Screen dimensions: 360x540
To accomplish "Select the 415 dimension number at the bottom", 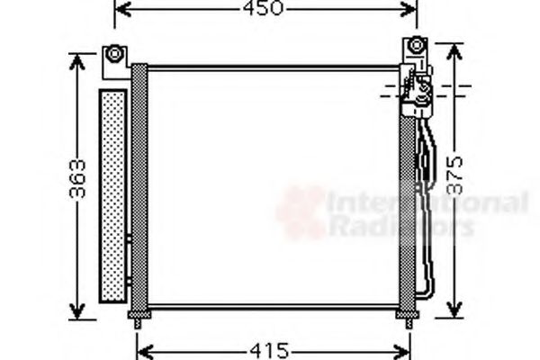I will coord(269,348).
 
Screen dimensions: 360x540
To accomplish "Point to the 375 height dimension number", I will coord(456,177).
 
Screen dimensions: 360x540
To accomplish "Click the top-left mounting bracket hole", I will coord(114,52).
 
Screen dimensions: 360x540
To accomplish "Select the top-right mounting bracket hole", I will coord(416,45).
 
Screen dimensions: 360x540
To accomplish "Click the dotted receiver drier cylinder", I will coord(112,196).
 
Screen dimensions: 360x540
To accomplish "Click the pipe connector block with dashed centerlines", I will coord(418,90).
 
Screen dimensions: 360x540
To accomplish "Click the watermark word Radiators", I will coord(400,226).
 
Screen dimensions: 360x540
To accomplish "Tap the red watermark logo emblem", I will coord(301,213).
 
